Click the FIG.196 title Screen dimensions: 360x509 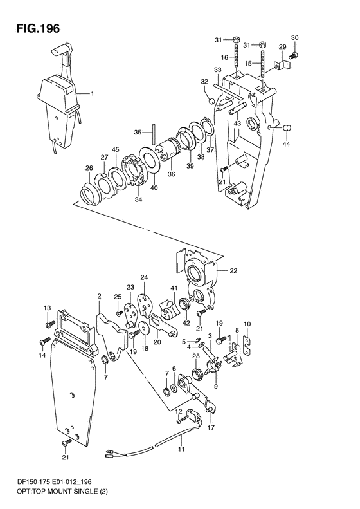[39, 28]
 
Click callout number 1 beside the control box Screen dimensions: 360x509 [93, 94]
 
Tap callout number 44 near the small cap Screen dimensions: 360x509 [286, 143]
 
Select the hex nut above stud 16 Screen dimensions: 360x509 [236, 41]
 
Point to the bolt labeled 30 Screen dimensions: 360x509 [295, 55]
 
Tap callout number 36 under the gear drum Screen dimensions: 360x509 [172, 174]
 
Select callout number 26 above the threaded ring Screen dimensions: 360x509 [89, 168]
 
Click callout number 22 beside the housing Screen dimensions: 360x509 [233, 271]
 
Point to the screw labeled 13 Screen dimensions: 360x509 [50, 324]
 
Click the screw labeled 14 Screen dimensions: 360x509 [44, 341]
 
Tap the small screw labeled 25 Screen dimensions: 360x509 [119, 313]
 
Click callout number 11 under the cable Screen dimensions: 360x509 [181, 449]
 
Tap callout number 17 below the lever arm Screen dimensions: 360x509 [211, 427]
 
